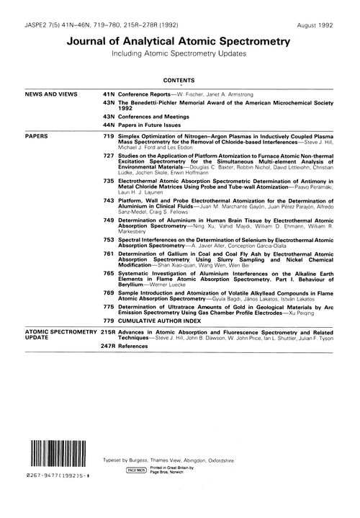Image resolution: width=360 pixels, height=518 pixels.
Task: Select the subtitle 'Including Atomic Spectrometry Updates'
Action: [180, 55]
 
